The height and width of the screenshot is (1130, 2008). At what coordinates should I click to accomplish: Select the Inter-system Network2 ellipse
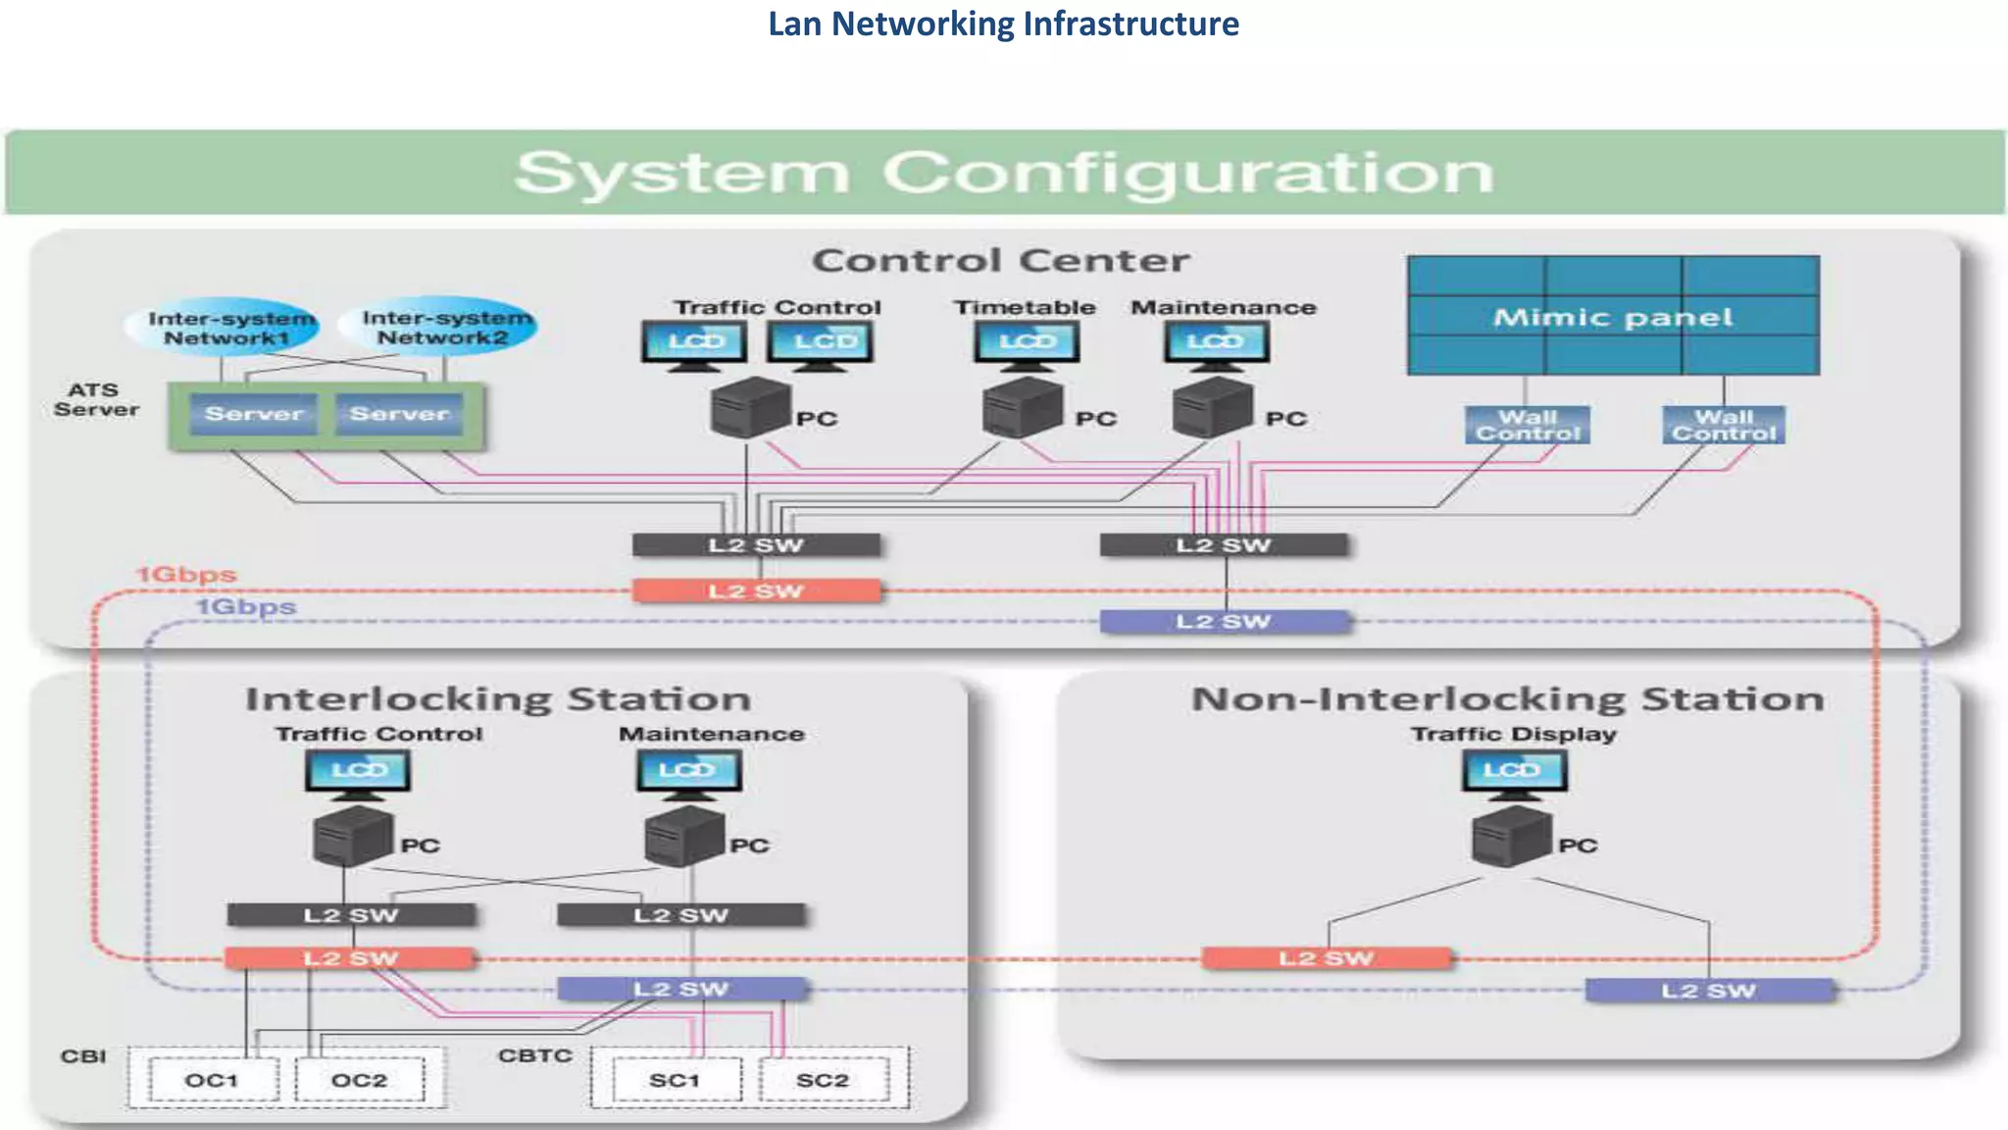(441, 328)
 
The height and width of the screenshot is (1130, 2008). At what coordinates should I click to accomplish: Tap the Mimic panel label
(1613, 317)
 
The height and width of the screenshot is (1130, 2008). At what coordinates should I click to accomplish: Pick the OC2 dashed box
(359, 1080)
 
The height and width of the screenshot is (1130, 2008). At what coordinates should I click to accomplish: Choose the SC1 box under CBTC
(675, 1080)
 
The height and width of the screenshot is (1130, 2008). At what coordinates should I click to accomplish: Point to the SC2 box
(823, 1080)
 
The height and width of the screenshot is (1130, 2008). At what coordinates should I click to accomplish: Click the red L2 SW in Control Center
(756, 591)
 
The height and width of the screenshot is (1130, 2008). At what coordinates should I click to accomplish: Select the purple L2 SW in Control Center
(1224, 621)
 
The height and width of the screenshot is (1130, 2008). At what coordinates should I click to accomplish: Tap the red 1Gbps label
(186, 575)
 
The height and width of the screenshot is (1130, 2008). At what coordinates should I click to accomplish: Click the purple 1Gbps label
(246, 607)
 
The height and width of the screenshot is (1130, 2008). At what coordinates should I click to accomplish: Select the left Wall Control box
(1528, 425)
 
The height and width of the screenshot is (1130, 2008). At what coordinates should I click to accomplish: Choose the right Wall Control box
(1724, 425)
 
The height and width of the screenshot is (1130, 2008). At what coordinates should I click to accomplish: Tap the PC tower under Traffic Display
(1512, 837)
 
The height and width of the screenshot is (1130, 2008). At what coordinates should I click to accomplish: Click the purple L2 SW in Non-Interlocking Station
(1709, 991)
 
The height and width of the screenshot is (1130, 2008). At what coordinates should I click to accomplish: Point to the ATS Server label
(96, 399)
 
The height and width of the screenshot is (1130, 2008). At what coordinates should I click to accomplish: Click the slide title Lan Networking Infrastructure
(1003, 24)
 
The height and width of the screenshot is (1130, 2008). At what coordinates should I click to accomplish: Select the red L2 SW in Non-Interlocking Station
(1326, 958)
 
